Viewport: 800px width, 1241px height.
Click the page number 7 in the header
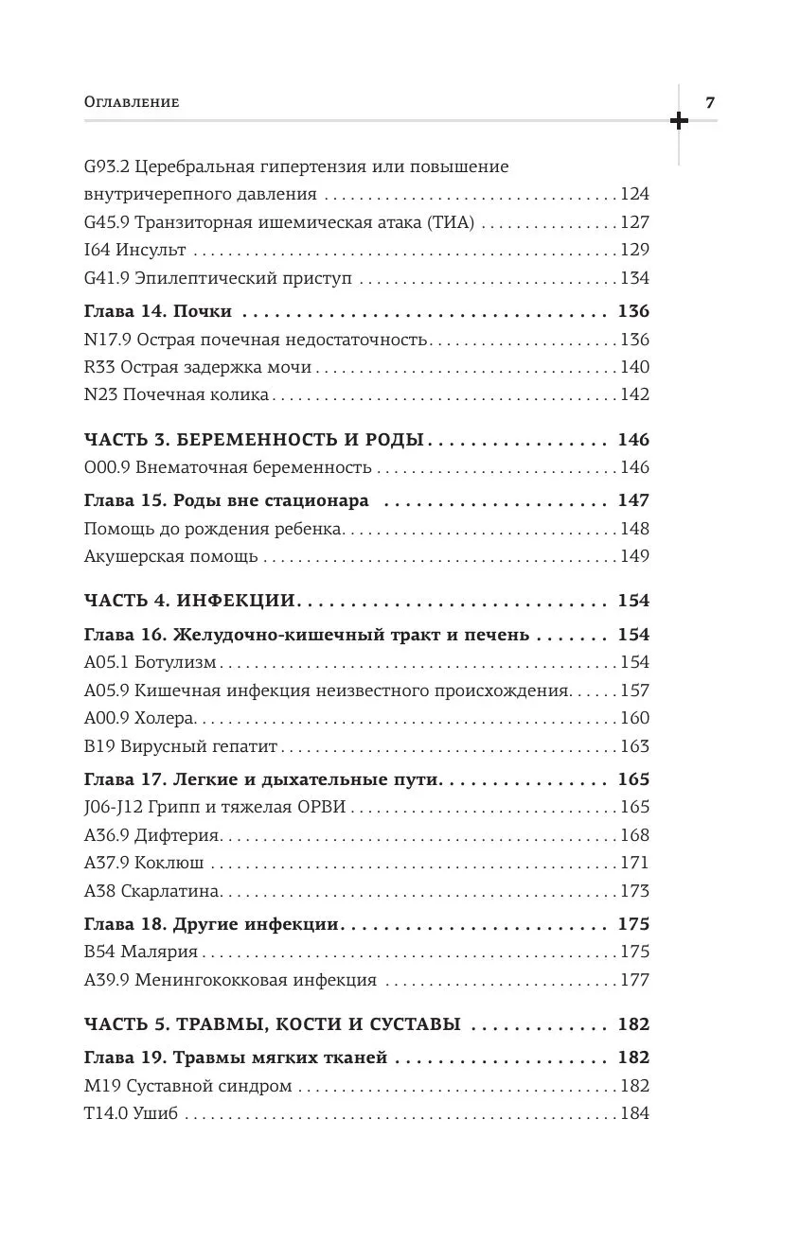click(711, 101)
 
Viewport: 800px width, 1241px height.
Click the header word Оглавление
click(132, 102)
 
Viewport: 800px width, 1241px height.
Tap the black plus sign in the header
click(679, 120)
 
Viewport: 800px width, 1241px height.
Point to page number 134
click(634, 278)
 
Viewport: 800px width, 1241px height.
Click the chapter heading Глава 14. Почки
click(158, 311)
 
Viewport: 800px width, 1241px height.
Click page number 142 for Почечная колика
click(634, 394)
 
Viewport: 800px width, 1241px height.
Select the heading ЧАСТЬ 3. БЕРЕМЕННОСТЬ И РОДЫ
click(253, 440)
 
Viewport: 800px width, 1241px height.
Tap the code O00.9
click(105, 467)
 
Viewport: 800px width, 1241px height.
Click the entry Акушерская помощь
click(170, 556)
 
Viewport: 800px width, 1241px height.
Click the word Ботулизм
click(176, 662)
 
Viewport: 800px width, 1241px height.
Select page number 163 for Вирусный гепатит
click(634, 745)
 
